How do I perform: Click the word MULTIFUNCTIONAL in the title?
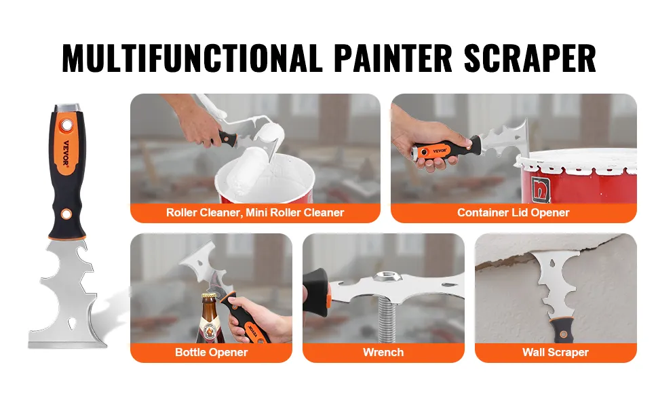click(191, 58)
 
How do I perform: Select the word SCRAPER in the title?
click(530, 58)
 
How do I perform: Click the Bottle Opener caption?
click(211, 352)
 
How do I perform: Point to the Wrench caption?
click(383, 352)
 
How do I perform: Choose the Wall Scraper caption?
click(555, 352)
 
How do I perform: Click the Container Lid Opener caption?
click(514, 212)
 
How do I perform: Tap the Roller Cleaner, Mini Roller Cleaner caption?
click(255, 212)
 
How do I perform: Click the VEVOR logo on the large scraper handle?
click(66, 153)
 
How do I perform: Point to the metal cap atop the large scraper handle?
click(67, 108)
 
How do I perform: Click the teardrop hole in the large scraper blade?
click(72, 322)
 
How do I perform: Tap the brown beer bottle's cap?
click(208, 296)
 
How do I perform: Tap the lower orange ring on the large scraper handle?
click(66, 214)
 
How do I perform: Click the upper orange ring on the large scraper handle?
click(66, 125)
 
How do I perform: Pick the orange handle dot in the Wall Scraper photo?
click(563, 334)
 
